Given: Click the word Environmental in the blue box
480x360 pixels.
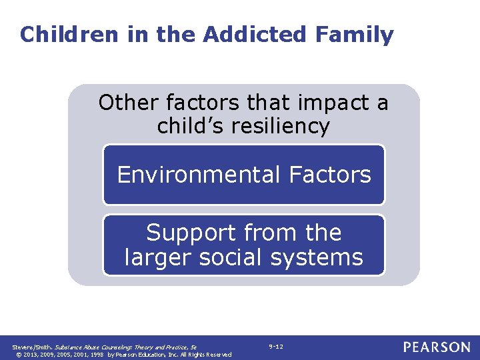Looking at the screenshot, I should [199, 175].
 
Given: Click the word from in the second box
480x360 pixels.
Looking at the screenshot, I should [265, 233].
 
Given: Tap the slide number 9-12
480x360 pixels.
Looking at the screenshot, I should [276, 347].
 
